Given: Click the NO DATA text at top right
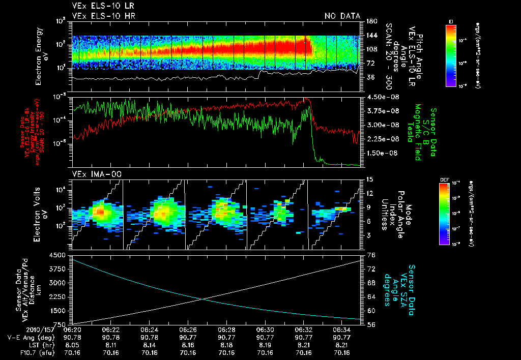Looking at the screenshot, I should click(342, 16).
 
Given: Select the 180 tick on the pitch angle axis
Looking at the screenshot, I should click(370, 21).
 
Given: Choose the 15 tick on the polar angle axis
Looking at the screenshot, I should click(369, 179).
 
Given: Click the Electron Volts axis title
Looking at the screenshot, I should click(37, 214).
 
